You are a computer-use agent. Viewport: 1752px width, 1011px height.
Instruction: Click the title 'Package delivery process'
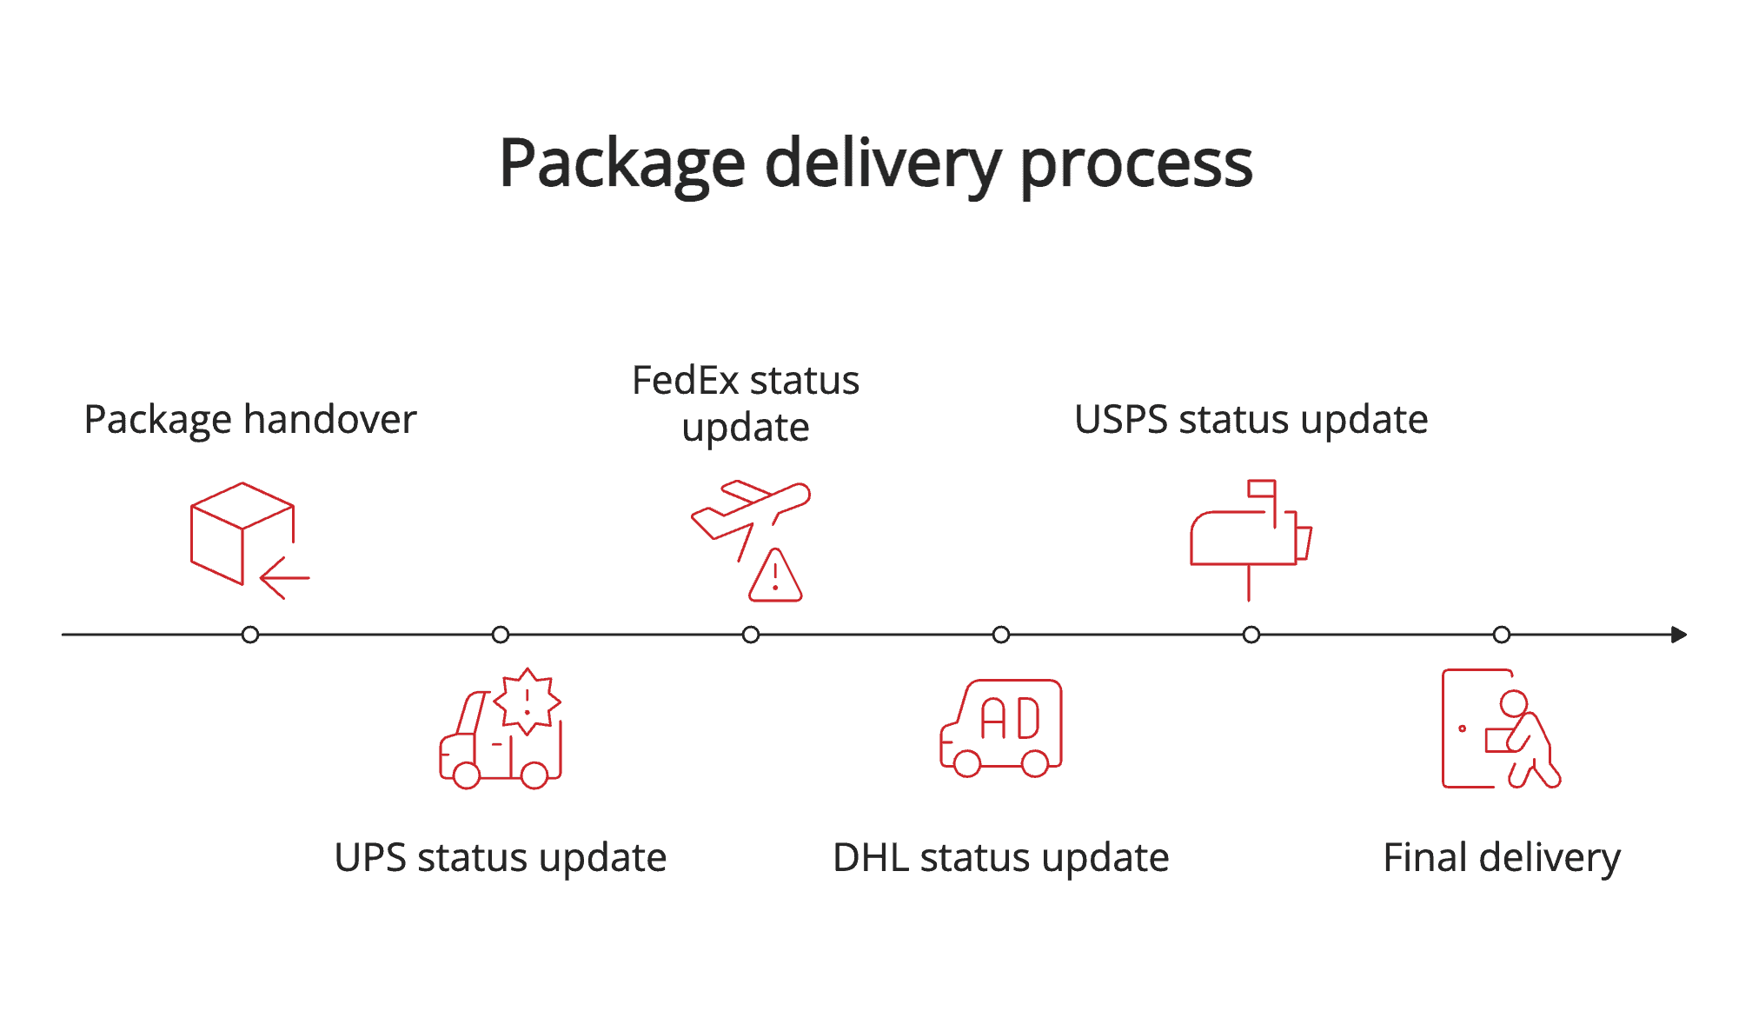[875, 163]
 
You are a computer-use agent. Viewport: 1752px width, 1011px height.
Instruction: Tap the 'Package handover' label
[250, 420]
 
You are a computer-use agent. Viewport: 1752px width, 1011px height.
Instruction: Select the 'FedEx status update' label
[746, 403]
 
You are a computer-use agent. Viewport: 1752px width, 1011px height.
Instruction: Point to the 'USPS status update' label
[1251, 420]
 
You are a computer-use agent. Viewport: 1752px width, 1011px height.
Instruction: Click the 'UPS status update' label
[501, 858]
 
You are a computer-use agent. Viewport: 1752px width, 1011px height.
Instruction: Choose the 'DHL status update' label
[1000, 858]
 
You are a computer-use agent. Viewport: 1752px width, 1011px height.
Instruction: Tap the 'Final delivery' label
[1501, 858]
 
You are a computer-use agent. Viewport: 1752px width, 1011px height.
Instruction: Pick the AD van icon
[1002, 728]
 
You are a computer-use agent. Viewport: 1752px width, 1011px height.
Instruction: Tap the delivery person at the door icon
[1501, 728]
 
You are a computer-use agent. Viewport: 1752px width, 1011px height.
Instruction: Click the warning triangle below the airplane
[775, 577]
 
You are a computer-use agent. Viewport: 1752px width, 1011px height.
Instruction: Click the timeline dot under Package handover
[250, 635]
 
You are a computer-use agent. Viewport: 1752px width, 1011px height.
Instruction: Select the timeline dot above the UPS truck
[501, 635]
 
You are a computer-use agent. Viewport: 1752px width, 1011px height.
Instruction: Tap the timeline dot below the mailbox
[1251, 635]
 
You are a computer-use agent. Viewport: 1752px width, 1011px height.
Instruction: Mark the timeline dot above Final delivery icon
[1502, 635]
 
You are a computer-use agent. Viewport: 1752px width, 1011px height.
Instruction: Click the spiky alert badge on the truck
[527, 700]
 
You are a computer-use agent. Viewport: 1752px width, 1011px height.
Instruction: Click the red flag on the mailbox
[1262, 489]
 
